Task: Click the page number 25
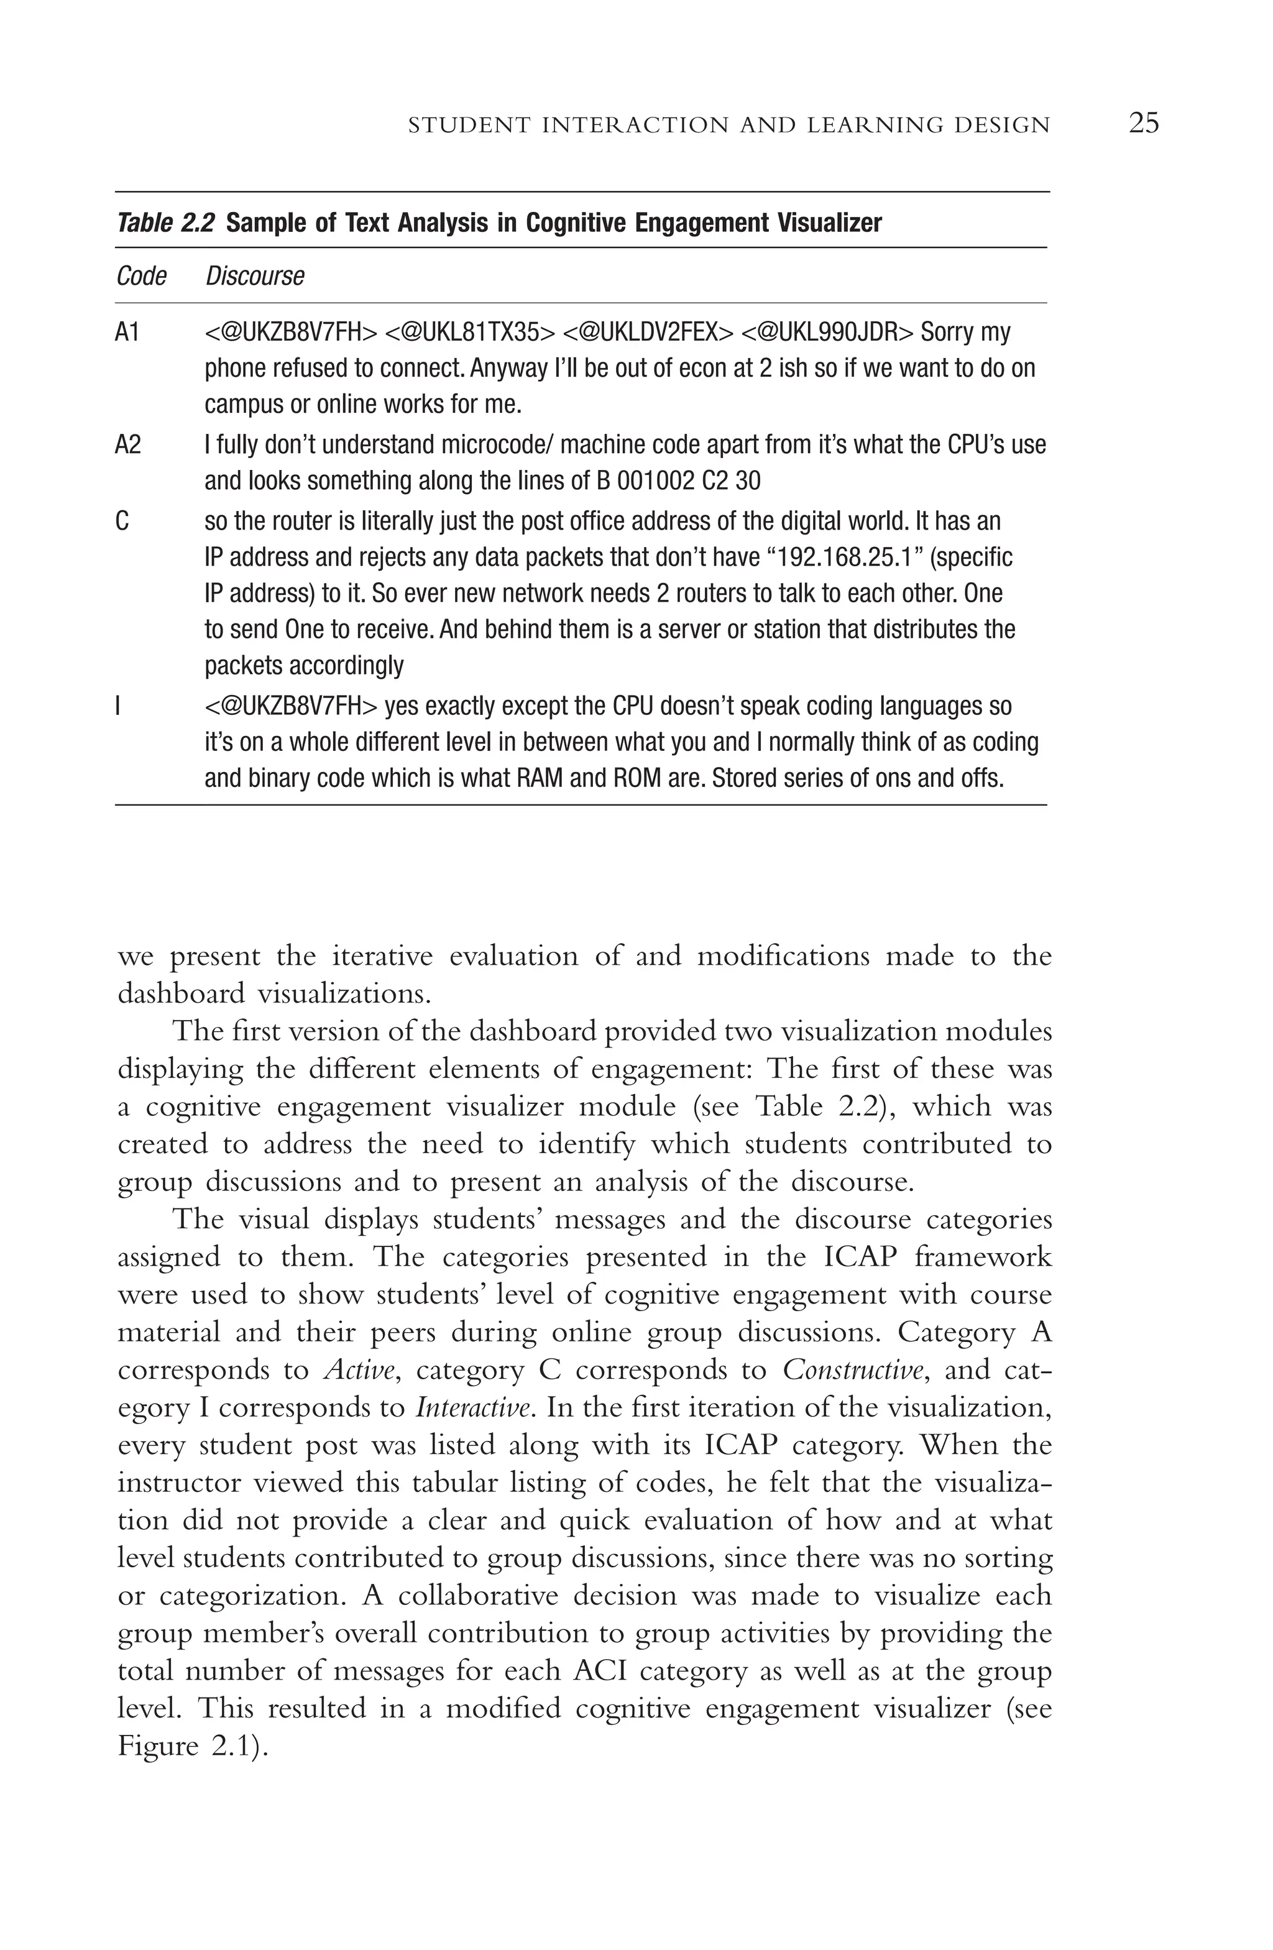pyautogui.click(x=1144, y=123)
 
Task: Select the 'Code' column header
pyautogui.click(x=141, y=276)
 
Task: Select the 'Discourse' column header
pyautogui.click(x=255, y=276)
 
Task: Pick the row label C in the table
pyautogui.click(x=122, y=521)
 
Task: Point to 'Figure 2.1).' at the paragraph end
pyautogui.click(x=193, y=1747)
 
